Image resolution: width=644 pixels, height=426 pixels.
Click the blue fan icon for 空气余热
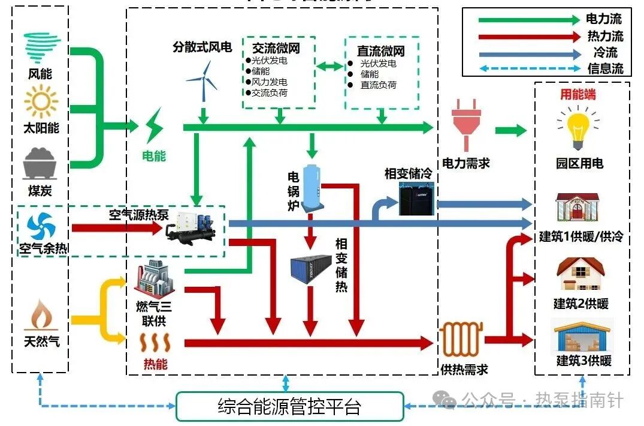tap(41, 227)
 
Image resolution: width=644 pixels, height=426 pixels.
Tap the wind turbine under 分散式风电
tap(202, 82)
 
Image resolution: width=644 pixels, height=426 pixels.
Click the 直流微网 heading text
tap(381, 50)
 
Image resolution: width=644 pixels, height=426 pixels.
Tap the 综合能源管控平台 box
tap(289, 407)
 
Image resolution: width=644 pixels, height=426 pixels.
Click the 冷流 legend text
tap(605, 52)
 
